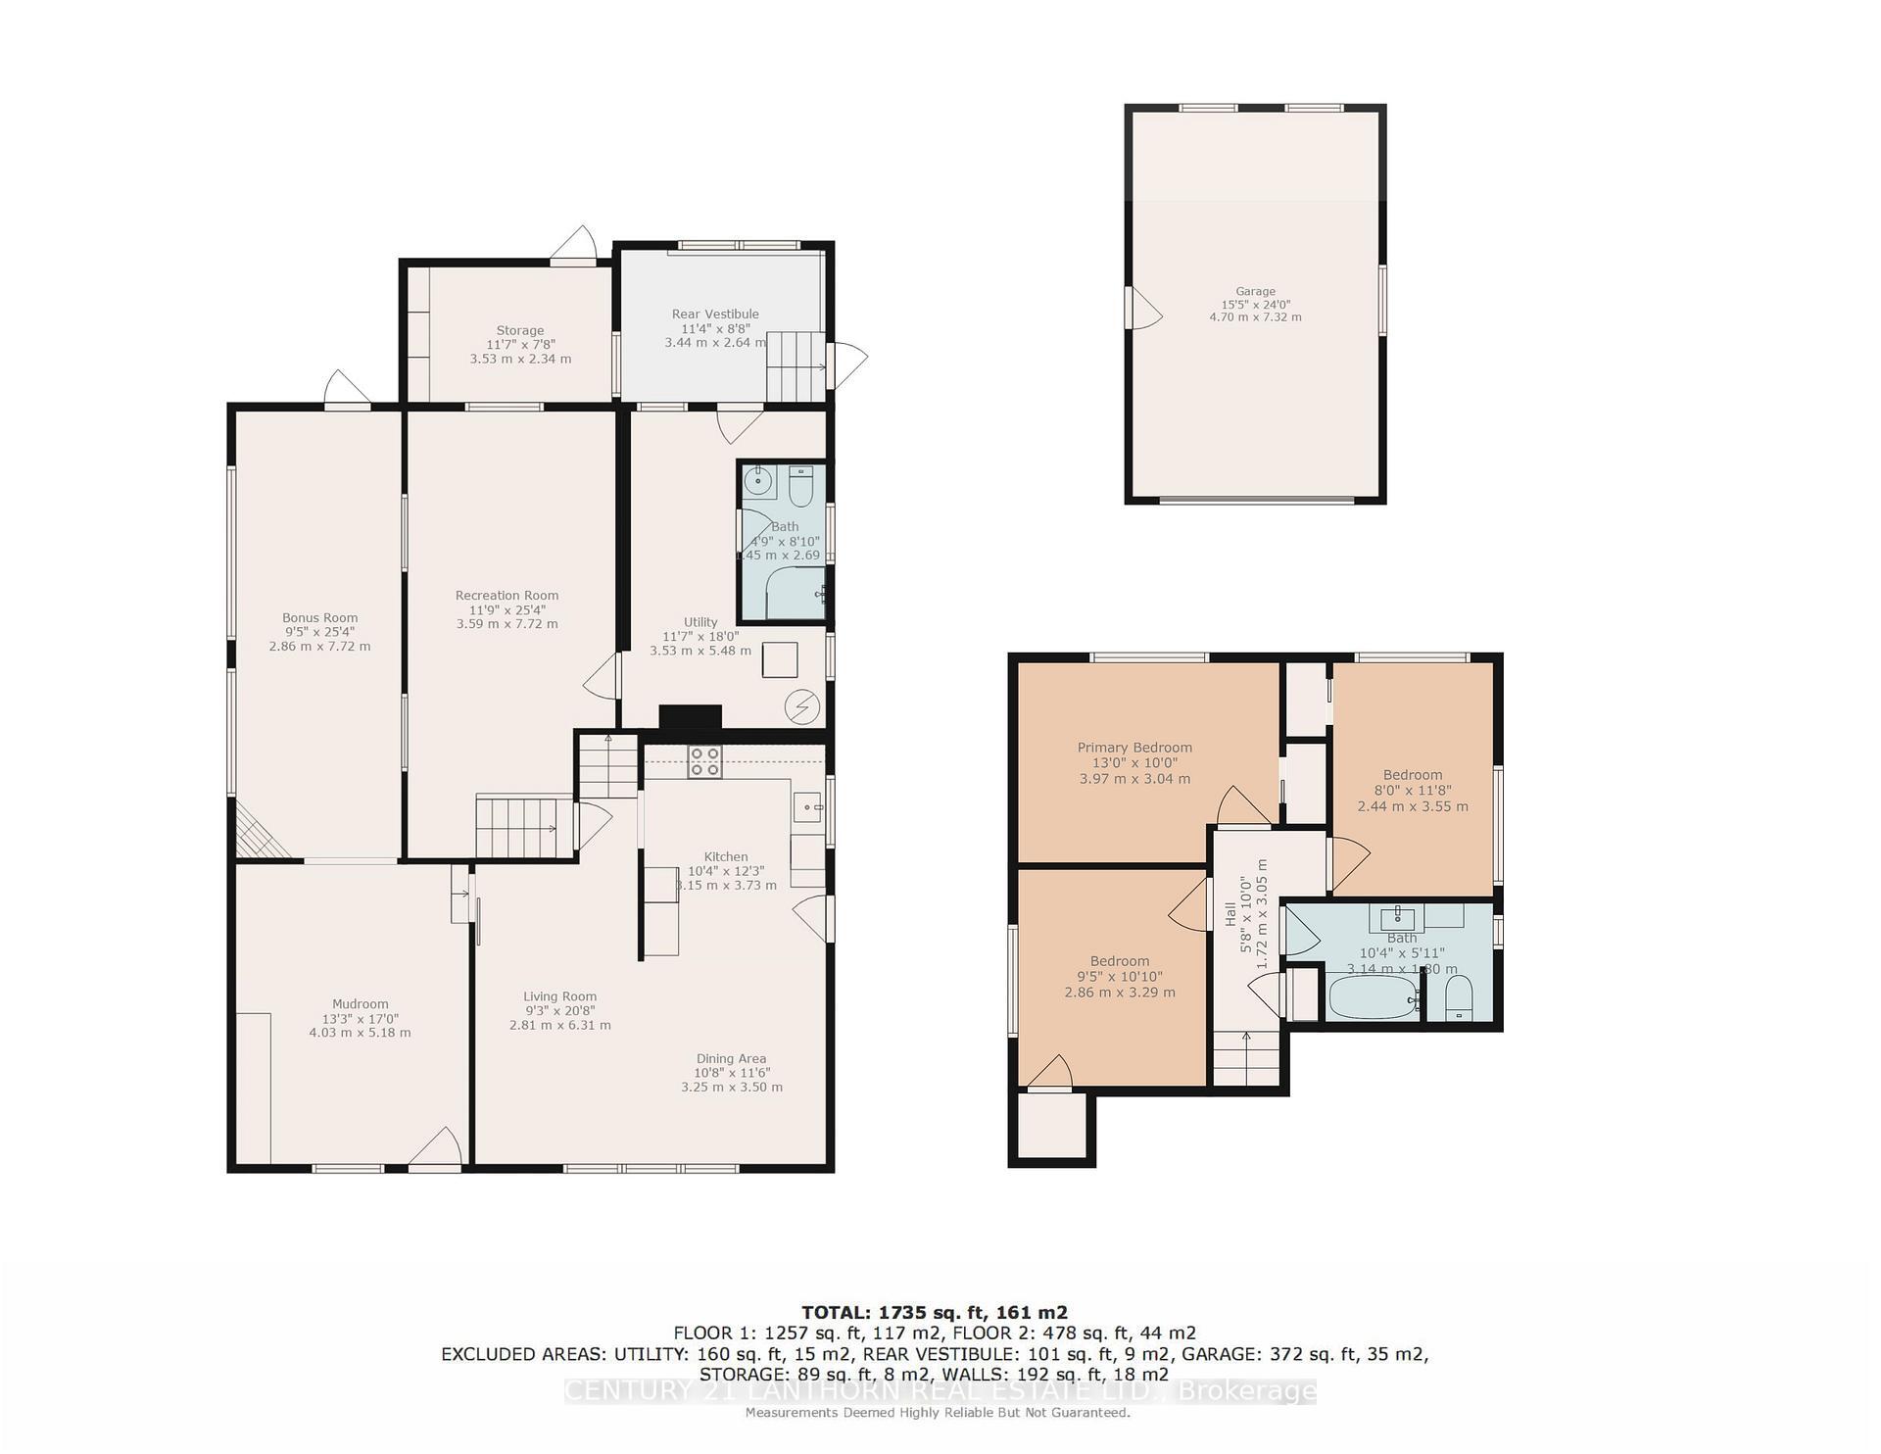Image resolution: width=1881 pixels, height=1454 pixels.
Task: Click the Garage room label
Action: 1255,291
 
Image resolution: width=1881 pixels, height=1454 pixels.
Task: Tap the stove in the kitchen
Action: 704,761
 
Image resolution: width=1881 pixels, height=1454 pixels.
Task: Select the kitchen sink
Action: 807,807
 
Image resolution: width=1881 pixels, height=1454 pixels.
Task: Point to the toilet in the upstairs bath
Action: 1459,998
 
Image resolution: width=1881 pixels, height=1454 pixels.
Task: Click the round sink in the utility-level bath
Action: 757,481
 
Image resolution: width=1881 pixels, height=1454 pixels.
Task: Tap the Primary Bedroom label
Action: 1134,748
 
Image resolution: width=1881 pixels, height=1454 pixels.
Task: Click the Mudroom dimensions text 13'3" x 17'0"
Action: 360,1018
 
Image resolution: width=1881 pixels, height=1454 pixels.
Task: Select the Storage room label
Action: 519,331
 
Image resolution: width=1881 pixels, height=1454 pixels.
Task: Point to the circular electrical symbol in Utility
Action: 803,706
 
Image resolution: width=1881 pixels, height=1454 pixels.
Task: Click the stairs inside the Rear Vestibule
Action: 796,366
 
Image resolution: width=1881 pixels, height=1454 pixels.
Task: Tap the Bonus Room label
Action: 319,617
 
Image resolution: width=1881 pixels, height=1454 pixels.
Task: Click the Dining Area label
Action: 731,1058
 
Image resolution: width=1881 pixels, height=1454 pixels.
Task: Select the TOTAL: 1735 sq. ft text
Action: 935,1312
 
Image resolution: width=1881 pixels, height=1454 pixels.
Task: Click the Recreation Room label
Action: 506,595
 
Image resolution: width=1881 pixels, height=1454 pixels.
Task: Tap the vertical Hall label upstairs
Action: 1230,913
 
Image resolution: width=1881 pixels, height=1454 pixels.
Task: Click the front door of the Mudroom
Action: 435,1152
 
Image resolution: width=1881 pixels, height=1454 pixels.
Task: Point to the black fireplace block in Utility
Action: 690,717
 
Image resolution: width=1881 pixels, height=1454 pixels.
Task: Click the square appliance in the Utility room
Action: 780,659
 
